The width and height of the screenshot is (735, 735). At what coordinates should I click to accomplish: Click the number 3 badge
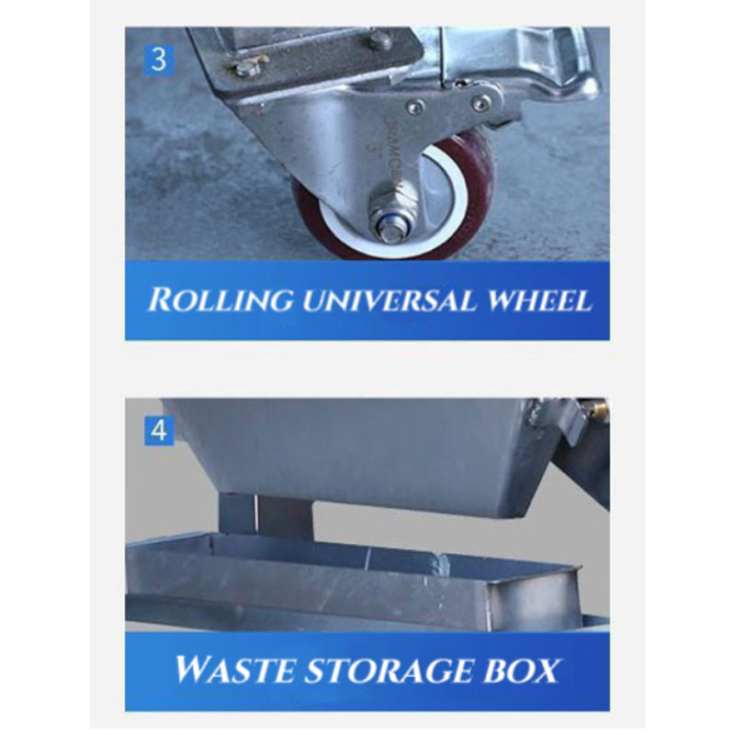(x=159, y=61)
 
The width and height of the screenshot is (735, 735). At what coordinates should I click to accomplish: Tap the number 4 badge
(x=159, y=429)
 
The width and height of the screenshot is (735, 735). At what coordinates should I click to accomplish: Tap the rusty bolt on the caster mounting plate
(x=245, y=68)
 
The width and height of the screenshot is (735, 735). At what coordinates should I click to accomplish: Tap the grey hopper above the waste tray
(x=367, y=450)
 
